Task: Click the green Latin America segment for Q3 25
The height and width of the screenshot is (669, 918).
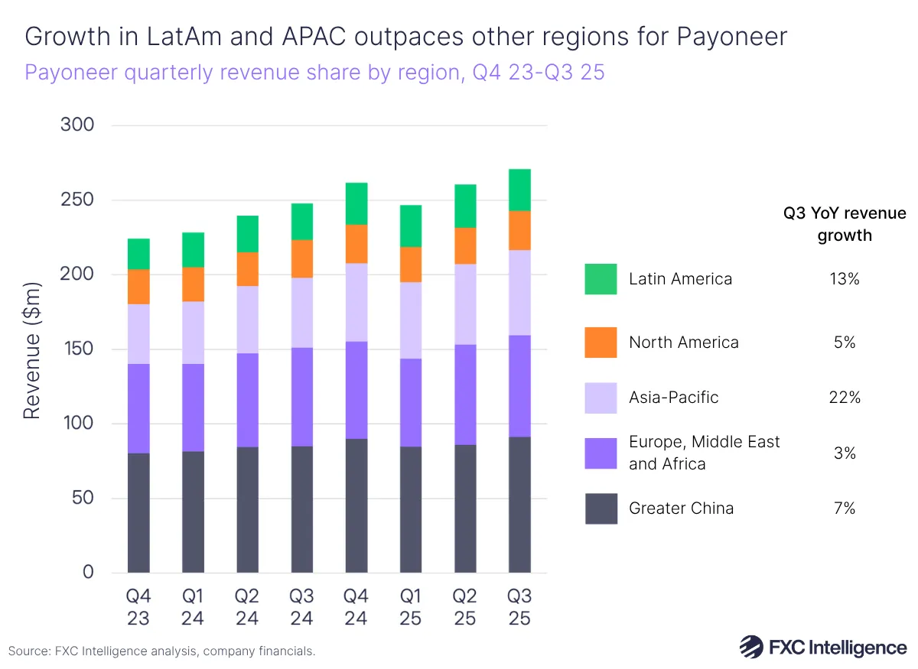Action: coord(519,190)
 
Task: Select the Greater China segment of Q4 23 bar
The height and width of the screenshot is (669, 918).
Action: coord(138,512)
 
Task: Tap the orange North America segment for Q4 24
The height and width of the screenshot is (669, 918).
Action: coord(356,244)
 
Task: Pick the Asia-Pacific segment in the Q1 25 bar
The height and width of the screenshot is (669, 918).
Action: coord(411,320)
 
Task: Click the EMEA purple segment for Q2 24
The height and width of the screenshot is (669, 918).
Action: coord(247,400)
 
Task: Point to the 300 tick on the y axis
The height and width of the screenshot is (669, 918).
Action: coord(76,125)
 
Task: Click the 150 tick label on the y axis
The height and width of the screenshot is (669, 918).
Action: coord(76,349)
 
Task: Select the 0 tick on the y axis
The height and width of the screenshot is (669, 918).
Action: coord(87,572)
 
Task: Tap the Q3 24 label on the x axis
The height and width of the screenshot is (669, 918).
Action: coord(301,607)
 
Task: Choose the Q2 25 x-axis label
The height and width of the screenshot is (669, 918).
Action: coord(465,607)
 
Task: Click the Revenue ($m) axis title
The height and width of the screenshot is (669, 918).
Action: coord(31,349)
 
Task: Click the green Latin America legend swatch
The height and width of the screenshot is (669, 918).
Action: coord(601,279)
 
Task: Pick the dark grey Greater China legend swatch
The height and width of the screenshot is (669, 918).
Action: coord(601,508)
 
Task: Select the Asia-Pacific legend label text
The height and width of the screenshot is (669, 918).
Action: coord(673,398)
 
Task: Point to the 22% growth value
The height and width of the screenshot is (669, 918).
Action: coord(845,398)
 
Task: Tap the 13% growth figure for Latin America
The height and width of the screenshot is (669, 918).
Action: coord(845,279)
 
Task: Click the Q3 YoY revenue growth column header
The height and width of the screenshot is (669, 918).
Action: coord(845,224)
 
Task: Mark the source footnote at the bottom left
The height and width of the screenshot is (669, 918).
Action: coord(161,651)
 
